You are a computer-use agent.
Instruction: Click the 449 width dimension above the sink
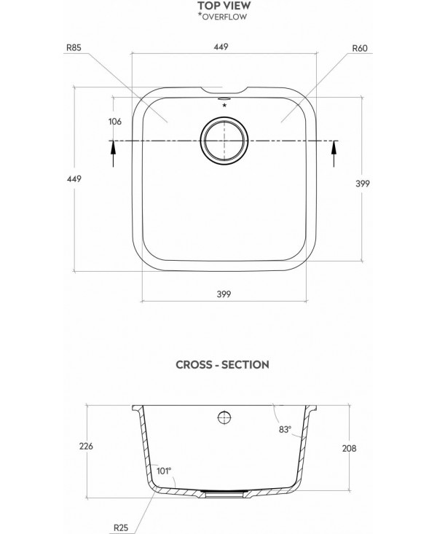[222, 47]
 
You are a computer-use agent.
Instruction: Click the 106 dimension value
[114, 122]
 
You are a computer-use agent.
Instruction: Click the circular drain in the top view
[224, 140]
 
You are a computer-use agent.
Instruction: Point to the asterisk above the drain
[224, 106]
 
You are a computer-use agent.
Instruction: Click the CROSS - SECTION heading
[223, 364]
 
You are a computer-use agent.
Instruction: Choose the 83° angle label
[284, 429]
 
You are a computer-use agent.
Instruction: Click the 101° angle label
[163, 471]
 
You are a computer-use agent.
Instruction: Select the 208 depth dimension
[348, 448]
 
